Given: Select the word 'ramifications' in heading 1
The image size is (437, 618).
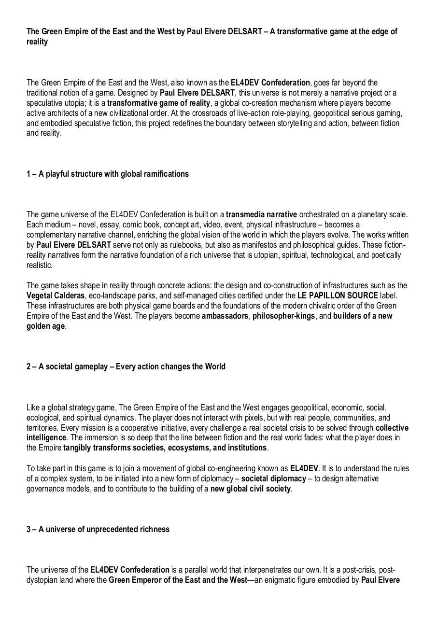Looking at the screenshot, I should (166, 174).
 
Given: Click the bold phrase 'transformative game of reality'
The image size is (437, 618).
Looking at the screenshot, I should (159, 103).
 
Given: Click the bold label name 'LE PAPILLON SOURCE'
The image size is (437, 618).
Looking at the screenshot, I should (338, 295).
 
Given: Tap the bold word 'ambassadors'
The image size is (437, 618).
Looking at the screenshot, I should (225, 316).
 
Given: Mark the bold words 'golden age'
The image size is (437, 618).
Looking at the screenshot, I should (45, 326).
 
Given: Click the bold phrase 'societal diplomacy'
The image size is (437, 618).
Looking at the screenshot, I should (273, 478).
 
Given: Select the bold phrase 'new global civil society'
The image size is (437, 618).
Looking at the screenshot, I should (251, 489).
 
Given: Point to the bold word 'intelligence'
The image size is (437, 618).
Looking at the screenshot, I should (46, 437).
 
